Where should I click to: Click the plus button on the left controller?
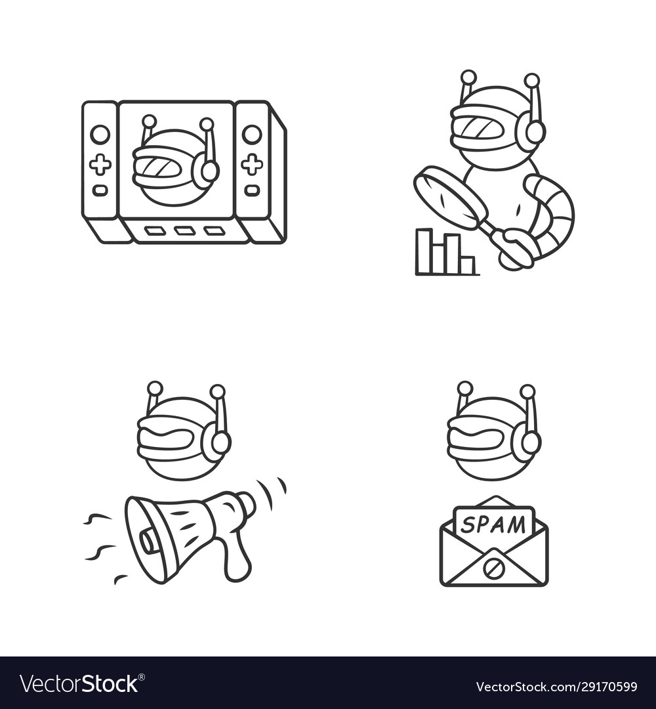coord(100,164)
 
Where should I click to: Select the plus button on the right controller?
coord(251,164)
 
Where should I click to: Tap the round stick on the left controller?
coord(100,135)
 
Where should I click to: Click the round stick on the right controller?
coord(251,135)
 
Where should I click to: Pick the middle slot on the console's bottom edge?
coord(184,231)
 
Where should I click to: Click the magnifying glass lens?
coord(450,197)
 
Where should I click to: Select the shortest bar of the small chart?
coord(466,265)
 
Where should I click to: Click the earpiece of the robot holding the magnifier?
coord(531,133)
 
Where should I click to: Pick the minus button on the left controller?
coord(100,190)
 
